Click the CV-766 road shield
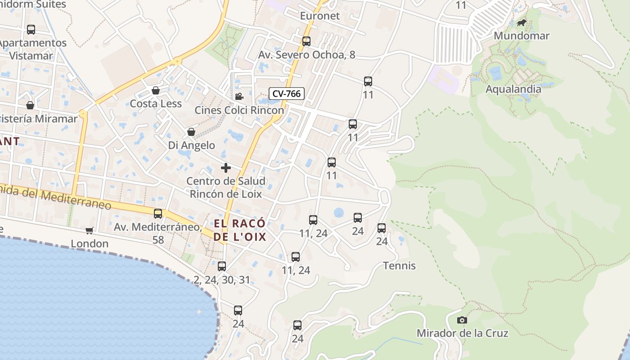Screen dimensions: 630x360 pyautogui.click(x=287, y=94)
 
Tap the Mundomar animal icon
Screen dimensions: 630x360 pyautogui.click(x=522, y=23)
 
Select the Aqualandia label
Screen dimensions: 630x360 pyautogui.click(x=513, y=89)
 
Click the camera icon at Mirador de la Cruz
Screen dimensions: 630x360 pyautogui.click(x=462, y=320)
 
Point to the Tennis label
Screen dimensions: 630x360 pyautogui.click(x=399, y=265)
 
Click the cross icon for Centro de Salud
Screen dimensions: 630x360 pyautogui.click(x=226, y=168)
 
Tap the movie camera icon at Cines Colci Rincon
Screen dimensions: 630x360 pyautogui.click(x=239, y=96)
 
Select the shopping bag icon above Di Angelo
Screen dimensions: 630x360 pyautogui.click(x=191, y=132)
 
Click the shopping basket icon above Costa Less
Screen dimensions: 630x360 pyautogui.click(x=156, y=90)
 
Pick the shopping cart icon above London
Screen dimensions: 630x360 pyautogui.click(x=90, y=230)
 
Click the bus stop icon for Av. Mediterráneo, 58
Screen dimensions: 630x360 pyautogui.click(x=158, y=213)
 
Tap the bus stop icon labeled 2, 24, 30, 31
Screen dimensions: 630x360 pyautogui.click(x=222, y=266)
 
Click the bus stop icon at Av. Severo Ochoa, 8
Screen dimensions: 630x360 pyautogui.click(x=306, y=41)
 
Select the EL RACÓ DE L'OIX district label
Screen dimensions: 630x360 pyautogui.click(x=240, y=230)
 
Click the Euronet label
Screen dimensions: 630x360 pyautogui.click(x=320, y=16)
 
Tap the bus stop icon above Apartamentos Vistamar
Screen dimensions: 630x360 pyautogui.click(x=31, y=30)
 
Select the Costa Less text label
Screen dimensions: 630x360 pyautogui.click(x=156, y=103)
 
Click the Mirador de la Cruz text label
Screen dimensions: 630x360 pyautogui.click(x=462, y=333)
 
